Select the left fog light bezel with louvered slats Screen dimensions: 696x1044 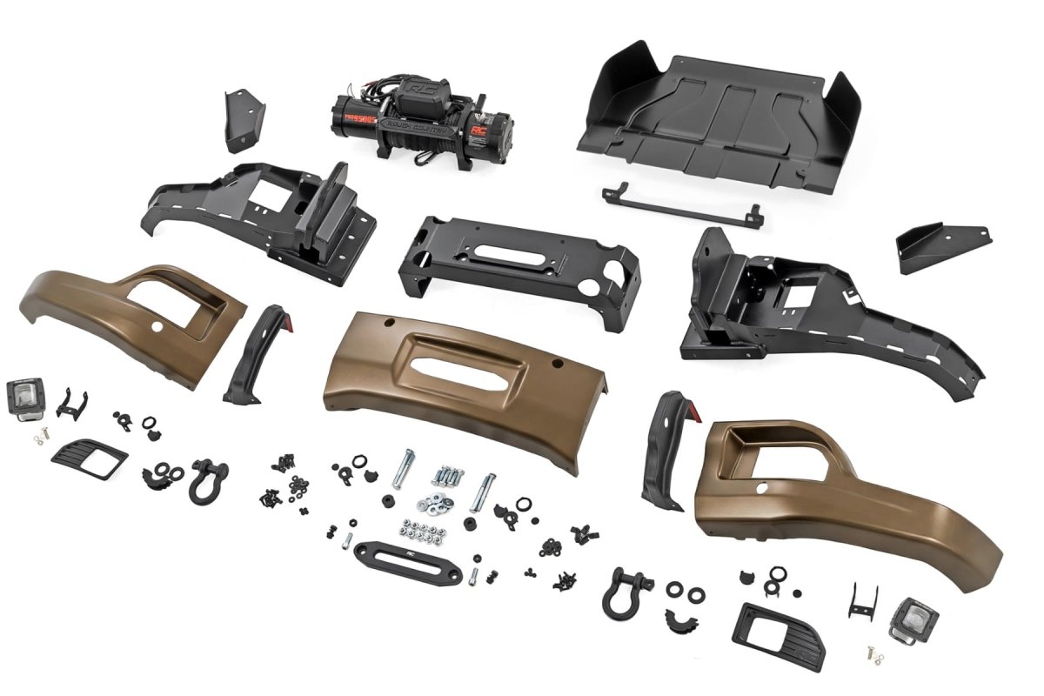click(x=89, y=456)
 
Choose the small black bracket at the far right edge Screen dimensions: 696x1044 click(x=933, y=246)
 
